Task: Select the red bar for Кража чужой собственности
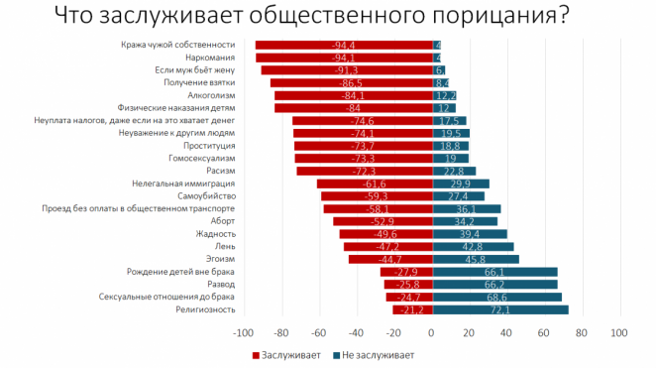pos(344,45)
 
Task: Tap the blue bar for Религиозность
pos(500,309)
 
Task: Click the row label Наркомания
pos(211,58)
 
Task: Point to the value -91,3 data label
pos(347,70)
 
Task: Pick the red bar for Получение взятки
pos(352,83)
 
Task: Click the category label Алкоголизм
pos(210,95)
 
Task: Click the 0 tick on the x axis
pos(433,333)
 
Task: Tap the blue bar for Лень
pos(473,246)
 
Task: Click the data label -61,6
pos(374,184)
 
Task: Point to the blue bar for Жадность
pos(470,234)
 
